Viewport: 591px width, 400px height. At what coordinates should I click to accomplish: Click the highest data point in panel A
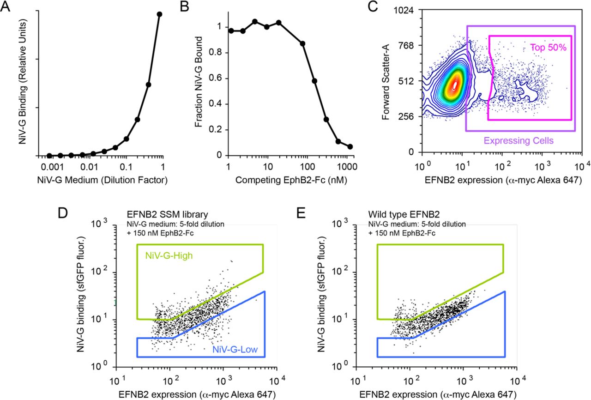point(159,14)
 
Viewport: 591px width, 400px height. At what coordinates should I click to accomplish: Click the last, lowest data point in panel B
point(350,146)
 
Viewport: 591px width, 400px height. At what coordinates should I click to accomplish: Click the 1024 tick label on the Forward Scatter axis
point(408,10)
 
